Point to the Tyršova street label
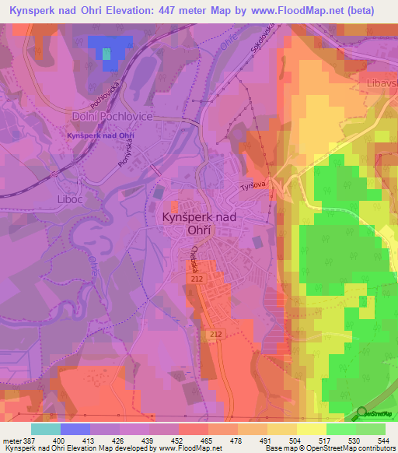click(x=253, y=184)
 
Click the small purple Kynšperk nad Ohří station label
click(x=101, y=136)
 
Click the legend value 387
click(x=26, y=441)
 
